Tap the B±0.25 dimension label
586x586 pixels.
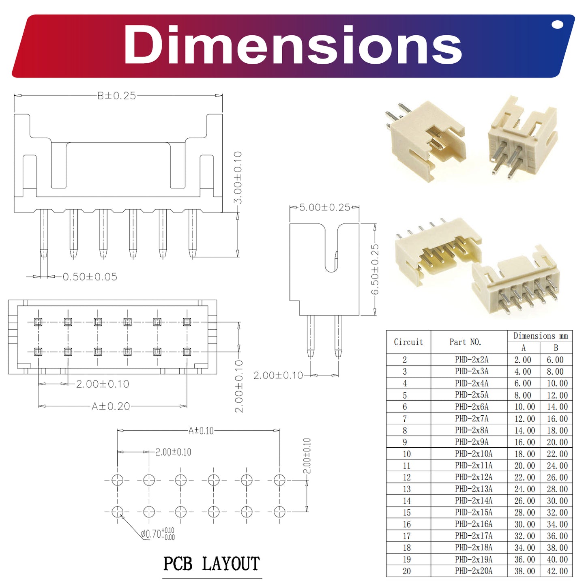click(x=116, y=96)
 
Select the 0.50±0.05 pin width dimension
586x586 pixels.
click(x=90, y=277)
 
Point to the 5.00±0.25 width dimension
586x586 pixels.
click(x=324, y=207)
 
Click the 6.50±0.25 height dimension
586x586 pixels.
click(x=375, y=269)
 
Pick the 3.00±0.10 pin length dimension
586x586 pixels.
click(x=238, y=178)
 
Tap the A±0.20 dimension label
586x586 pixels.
click(x=111, y=406)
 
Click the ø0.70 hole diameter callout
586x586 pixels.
click(x=158, y=534)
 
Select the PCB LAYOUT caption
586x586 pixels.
click(x=212, y=564)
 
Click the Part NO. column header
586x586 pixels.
click(x=465, y=342)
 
